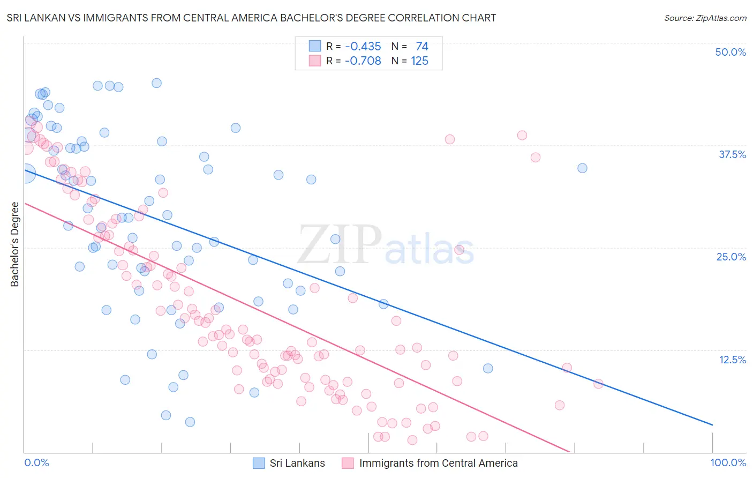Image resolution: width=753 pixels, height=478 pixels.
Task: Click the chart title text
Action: coord(251,18)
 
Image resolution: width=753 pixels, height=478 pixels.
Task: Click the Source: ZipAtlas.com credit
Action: coord(705,18)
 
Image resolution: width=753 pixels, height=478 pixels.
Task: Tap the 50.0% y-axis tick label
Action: coord(731,52)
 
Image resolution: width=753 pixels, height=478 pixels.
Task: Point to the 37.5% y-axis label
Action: coord(732,154)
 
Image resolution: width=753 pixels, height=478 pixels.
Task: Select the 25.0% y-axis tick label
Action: coord(731,257)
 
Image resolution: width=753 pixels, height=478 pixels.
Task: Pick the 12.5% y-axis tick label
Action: coord(732,360)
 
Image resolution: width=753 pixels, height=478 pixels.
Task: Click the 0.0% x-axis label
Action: coord(36,462)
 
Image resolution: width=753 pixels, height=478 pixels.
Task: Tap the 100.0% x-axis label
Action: coord(728,462)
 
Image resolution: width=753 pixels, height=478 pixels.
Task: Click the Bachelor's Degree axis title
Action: coord(15,244)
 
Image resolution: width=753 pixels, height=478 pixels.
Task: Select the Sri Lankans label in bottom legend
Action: coord(297,463)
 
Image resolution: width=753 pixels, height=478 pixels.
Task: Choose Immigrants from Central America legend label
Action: coord(438,463)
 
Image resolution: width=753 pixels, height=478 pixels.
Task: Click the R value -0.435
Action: coord(363,47)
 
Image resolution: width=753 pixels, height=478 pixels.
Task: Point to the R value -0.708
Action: coord(363,61)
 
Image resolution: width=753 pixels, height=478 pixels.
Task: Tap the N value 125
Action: coord(419,61)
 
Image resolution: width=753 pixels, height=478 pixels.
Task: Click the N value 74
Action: coord(421,47)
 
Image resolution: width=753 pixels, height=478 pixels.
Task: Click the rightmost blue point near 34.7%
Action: coord(582,168)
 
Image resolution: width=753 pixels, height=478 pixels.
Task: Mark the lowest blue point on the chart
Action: coord(190,422)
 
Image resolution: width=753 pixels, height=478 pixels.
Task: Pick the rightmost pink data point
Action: coord(598,384)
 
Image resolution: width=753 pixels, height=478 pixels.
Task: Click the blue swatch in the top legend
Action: coord(314,46)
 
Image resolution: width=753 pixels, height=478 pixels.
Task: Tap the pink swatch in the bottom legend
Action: coord(348,463)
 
